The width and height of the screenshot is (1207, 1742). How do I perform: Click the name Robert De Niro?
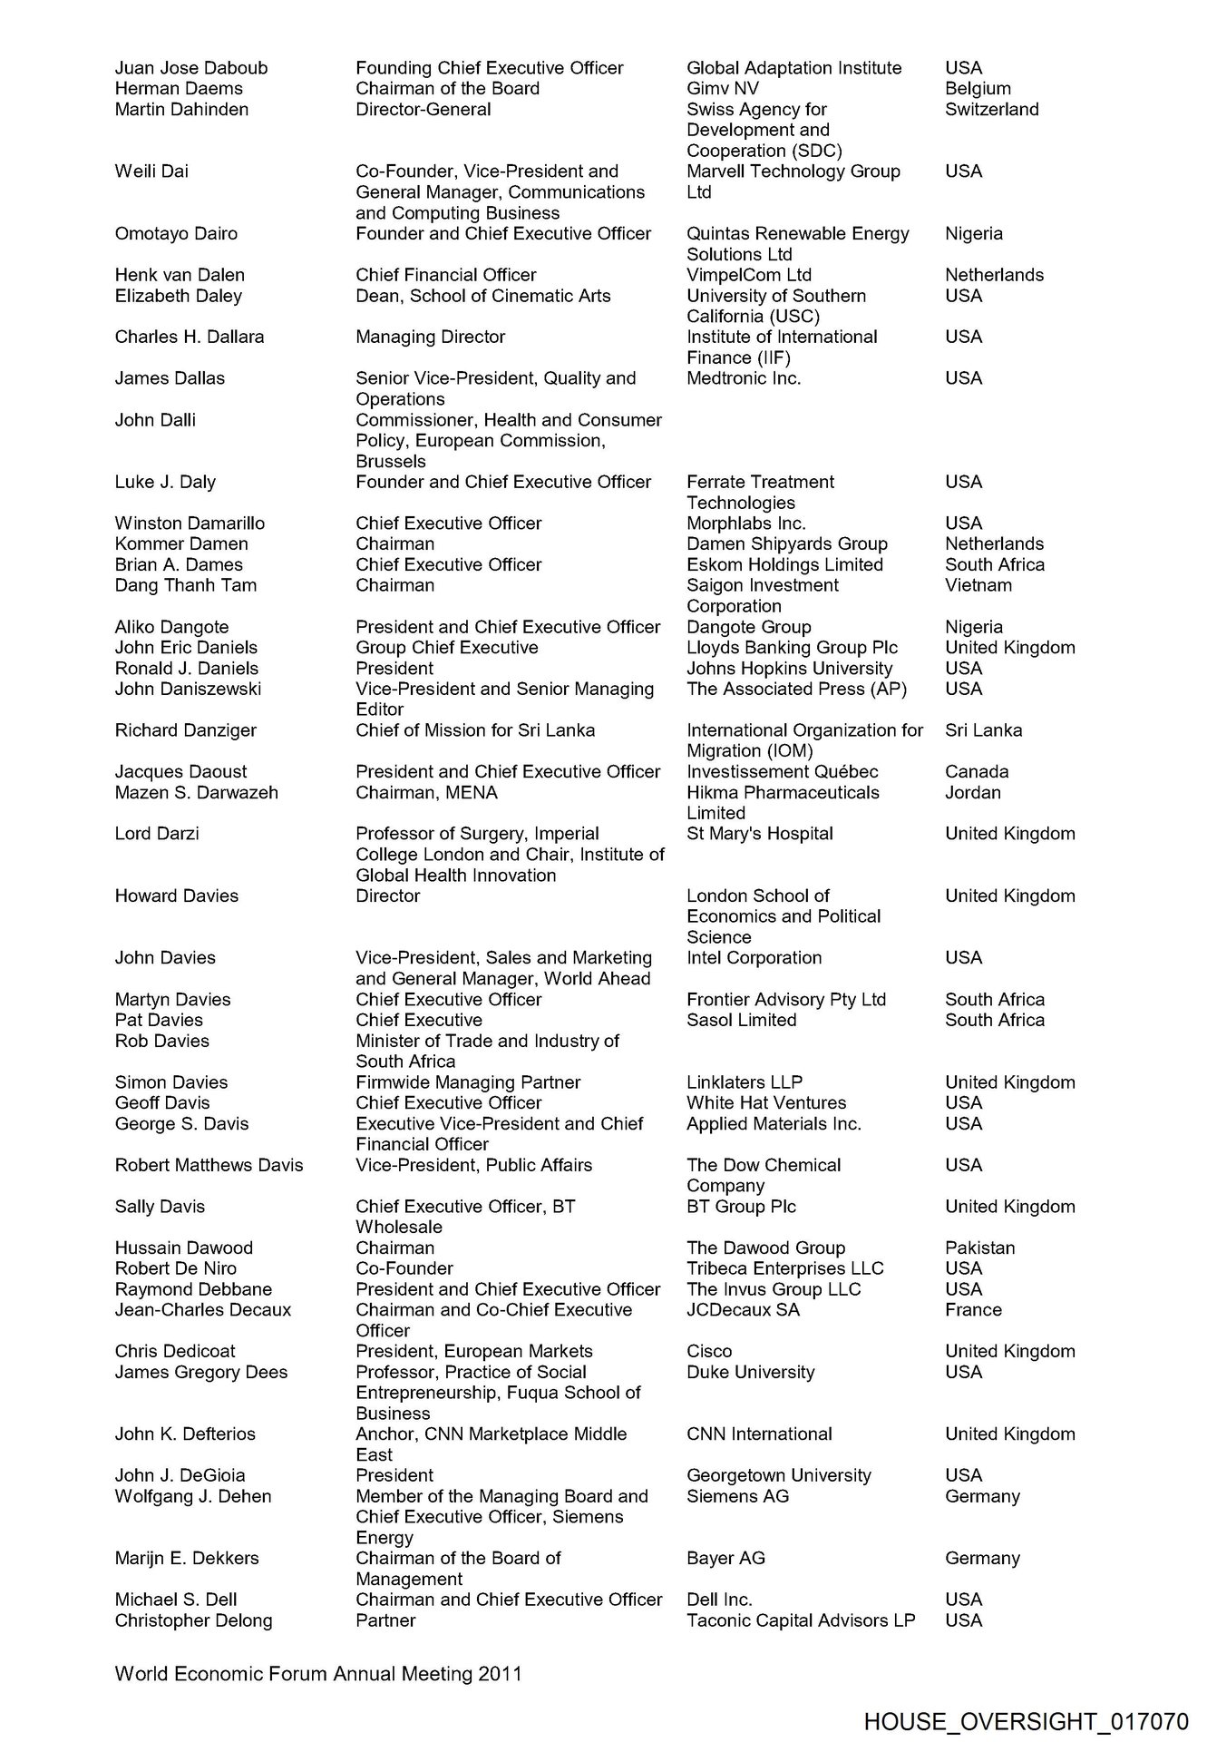point(175,1268)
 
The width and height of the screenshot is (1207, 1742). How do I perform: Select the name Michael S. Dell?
point(176,1600)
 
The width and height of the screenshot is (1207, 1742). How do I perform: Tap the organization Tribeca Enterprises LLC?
point(784,1268)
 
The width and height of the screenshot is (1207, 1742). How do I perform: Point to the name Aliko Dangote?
point(171,627)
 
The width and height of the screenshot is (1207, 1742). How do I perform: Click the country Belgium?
point(978,89)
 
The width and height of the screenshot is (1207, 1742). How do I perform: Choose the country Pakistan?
point(979,1248)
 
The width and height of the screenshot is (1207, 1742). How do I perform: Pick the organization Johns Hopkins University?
point(789,669)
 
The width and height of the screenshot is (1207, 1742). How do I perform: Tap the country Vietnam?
point(978,585)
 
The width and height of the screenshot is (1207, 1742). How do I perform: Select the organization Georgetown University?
point(778,1475)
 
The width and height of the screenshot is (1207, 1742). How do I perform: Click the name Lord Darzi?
point(157,834)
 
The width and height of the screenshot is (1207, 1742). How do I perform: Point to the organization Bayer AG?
point(725,1558)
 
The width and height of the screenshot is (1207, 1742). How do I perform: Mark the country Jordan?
point(973,792)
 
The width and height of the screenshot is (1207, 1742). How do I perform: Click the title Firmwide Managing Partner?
point(468,1082)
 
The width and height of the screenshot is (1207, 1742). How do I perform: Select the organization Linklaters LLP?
point(745,1082)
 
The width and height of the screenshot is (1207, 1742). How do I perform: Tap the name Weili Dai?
point(151,171)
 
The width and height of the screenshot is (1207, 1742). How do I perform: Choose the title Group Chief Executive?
point(446,648)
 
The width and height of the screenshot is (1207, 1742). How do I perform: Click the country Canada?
point(977,771)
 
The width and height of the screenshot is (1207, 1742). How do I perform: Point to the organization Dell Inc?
point(719,1600)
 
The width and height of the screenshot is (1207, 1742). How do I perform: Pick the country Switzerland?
point(991,110)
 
